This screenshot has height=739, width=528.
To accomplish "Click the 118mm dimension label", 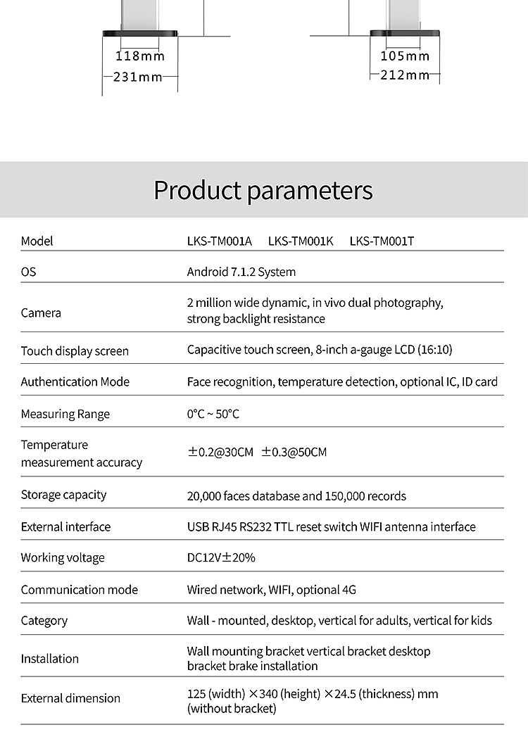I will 139,56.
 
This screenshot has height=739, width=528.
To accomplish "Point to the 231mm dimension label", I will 138,77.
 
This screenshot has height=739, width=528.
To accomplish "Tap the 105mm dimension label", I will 404,56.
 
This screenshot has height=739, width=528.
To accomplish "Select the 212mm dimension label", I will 404,75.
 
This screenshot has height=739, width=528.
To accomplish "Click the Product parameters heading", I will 263,190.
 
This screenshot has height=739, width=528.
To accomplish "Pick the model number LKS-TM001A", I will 219,241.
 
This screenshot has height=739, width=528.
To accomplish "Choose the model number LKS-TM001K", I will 301,241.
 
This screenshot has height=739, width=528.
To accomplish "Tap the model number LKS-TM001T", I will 382,241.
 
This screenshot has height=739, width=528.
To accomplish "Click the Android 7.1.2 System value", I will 241,272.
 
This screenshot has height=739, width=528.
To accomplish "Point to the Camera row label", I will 41,312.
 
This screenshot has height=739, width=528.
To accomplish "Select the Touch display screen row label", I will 75,350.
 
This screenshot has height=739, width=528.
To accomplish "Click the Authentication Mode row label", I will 75,381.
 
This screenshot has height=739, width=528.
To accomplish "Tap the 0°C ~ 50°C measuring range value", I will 213,414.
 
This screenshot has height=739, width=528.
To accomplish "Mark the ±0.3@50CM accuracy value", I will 294,452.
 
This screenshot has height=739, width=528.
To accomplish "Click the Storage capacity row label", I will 63,495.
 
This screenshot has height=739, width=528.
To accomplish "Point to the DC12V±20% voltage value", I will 221,557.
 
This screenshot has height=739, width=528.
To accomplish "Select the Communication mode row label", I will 80,590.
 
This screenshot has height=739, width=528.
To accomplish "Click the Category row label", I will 44,621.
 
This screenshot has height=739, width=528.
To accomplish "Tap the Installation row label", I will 49,659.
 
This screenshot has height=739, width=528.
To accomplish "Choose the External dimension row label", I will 70,698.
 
